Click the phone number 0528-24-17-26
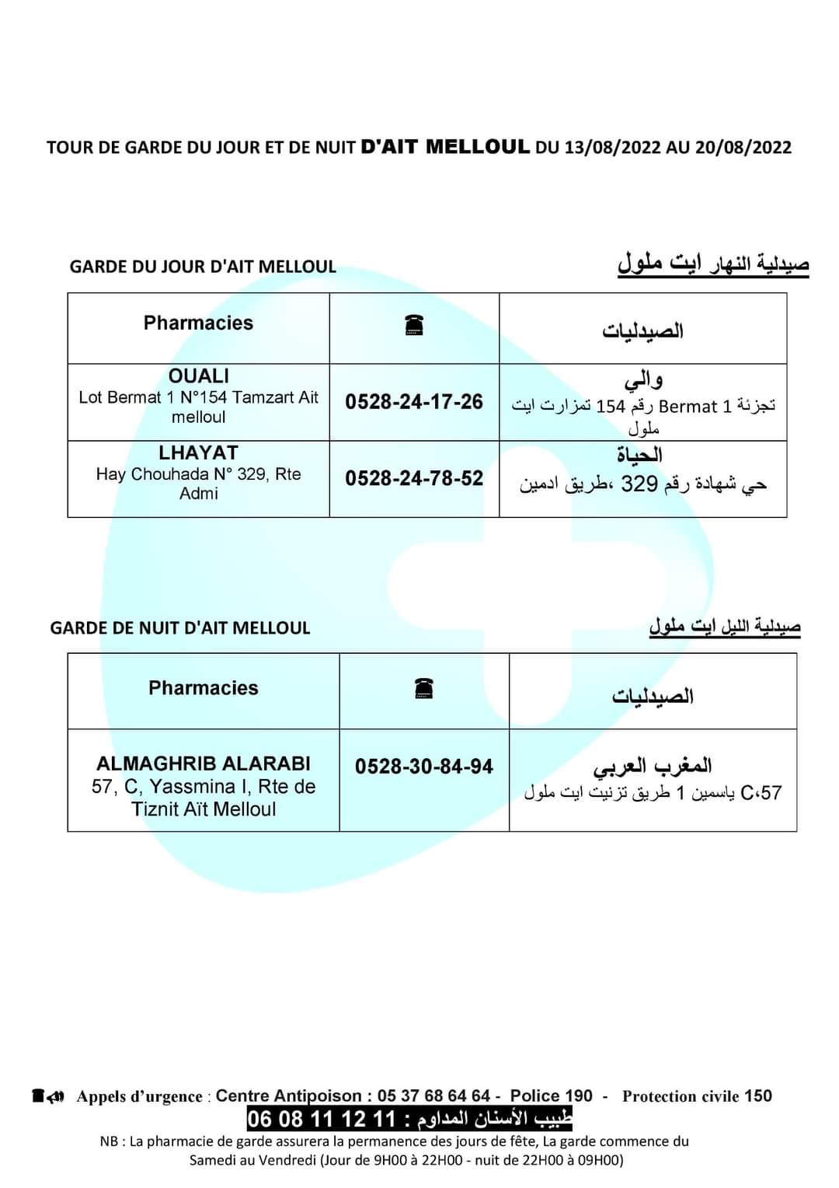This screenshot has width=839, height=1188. [x=414, y=402]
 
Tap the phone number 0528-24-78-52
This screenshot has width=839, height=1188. [x=414, y=478]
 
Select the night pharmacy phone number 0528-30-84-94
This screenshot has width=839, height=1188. [x=424, y=767]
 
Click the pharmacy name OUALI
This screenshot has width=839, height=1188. [x=199, y=376]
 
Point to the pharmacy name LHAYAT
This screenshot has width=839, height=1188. [x=199, y=452]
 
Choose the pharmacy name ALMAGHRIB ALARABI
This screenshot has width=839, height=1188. [x=204, y=763]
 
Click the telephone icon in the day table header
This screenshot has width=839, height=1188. [x=414, y=326]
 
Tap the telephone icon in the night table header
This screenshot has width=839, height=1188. [x=424, y=688]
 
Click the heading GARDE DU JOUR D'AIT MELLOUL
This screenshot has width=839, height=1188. [x=203, y=267]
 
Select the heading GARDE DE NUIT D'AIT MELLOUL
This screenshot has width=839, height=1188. [x=180, y=627]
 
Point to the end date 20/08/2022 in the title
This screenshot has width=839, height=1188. [x=743, y=147]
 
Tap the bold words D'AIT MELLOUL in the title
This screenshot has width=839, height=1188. [x=446, y=146]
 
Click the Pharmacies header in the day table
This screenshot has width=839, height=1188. [x=199, y=323]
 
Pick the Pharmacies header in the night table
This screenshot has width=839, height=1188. [x=204, y=688]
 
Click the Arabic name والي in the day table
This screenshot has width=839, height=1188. [x=643, y=381]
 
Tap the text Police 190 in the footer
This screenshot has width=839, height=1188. [x=551, y=1095]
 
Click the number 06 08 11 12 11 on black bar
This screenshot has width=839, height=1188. [x=322, y=1120]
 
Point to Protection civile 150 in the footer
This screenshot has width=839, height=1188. [x=697, y=1096]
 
